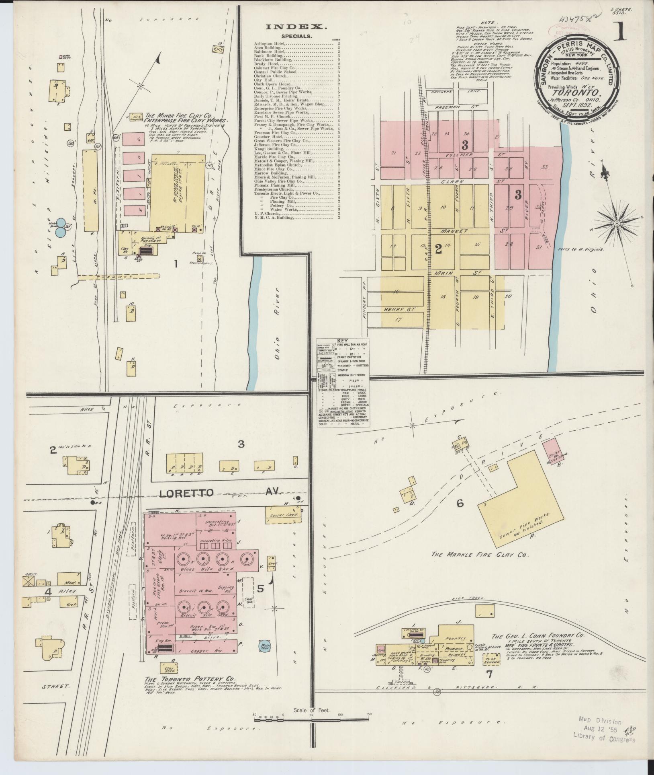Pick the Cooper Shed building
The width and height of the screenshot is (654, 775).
[284, 515]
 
